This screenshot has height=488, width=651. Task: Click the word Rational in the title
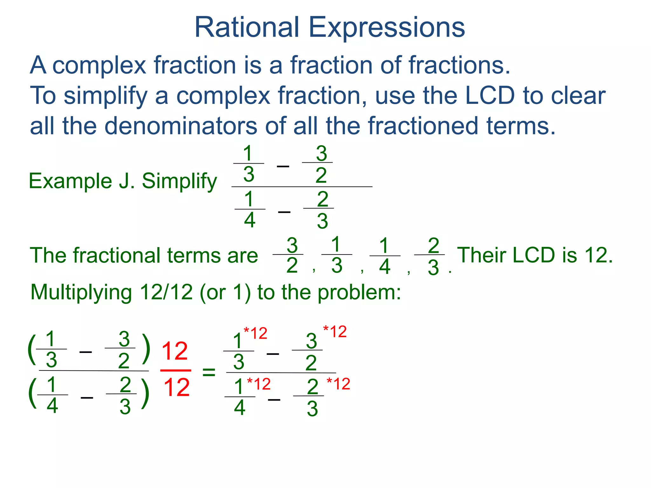(x=247, y=27)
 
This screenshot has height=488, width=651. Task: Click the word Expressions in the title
(x=387, y=28)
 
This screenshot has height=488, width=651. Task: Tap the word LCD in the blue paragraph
(x=490, y=95)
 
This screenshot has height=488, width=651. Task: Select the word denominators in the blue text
(x=181, y=126)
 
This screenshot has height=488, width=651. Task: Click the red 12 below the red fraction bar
(x=176, y=388)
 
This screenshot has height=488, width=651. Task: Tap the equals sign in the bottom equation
(x=209, y=372)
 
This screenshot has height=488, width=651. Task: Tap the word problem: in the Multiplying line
(x=359, y=292)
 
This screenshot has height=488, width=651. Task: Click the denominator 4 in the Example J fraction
(x=250, y=220)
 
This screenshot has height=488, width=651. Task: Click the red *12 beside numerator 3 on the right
(x=335, y=332)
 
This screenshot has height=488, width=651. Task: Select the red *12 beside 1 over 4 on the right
(x=259, y=384)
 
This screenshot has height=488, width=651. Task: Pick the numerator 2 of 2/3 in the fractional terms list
(x=434, y=245)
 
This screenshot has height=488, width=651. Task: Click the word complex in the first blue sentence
(x=99, y=65)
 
